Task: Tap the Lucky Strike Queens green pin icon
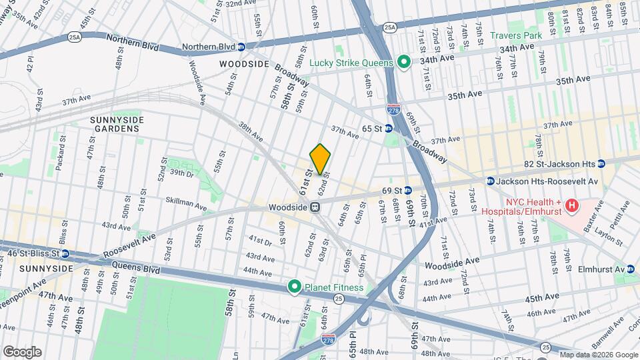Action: point(403,63)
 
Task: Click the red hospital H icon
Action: point(571,205)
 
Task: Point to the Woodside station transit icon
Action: point(315,207)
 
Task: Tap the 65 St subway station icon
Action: point(388,128)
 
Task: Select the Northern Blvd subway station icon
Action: point(241,47)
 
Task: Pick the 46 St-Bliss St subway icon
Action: point(65,253)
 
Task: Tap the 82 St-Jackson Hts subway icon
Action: point(601,163)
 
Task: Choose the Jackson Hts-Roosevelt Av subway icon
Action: point(490,181)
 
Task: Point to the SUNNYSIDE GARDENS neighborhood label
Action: point(117,124)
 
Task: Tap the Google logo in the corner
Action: point(21,351)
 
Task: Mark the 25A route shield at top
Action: point(390,27)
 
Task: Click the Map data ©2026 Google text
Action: point(599,355)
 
